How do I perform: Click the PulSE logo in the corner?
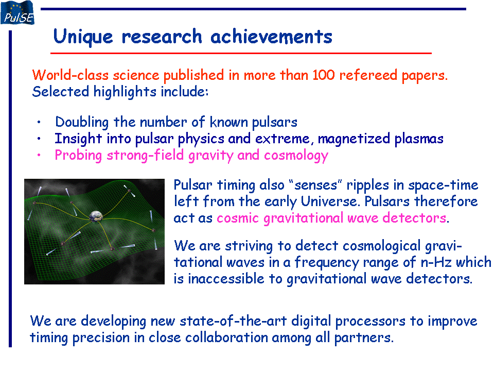(17, 12)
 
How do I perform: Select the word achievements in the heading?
(271, 36)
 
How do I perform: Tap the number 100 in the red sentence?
(323, 75)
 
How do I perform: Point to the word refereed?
(368, 75)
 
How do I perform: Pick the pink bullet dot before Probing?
(39, 155)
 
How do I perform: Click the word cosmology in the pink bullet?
(296, 156)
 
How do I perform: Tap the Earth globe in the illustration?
(96, 216)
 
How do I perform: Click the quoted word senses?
(315, 185)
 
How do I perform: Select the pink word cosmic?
(238, 218)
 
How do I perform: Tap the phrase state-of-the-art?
(233, 321)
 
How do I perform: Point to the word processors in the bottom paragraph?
(370, 322)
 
